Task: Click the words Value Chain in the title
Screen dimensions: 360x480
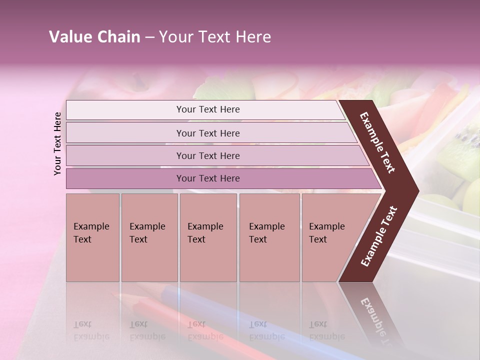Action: (94, 37)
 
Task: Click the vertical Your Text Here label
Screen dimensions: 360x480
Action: (57, 143)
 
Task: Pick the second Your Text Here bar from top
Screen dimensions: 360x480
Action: (208, 133)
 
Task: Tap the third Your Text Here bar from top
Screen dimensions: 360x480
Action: (208, 155)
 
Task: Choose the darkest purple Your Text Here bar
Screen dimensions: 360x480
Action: (208, 178)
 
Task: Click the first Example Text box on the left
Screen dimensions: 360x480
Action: (92, 237)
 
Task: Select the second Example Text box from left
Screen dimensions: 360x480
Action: (149, 237)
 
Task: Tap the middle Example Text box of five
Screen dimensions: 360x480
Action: (208, 237)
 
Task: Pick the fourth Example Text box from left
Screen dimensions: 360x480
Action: (269, 237)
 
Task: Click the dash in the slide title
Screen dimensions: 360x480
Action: (149, 37)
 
